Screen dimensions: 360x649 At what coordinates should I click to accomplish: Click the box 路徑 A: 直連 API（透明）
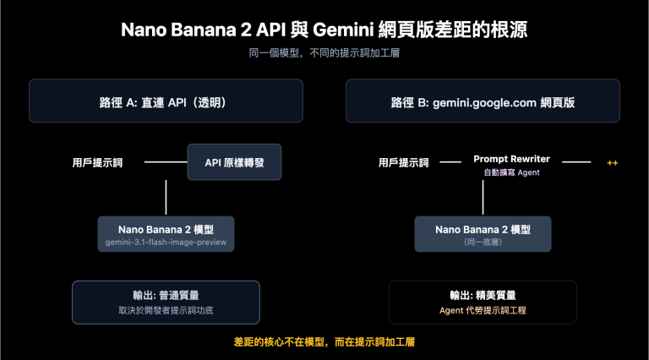point(166,101)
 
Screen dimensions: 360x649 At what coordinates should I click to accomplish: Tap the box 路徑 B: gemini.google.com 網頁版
point(483,101)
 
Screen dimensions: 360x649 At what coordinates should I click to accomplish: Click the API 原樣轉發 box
point(234,161)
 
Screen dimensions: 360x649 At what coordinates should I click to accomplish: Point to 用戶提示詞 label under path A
point(97,162)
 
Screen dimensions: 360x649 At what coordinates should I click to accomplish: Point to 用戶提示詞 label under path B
point(403,162)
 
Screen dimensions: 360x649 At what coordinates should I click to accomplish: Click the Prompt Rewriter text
point(511,159)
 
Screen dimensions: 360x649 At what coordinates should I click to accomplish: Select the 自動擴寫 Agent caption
point(511,172)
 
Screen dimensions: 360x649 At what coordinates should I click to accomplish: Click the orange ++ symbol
point(614,162)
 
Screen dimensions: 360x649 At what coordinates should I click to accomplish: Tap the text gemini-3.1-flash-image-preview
point(166,243)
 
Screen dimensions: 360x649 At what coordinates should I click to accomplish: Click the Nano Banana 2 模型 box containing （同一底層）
point(483,234)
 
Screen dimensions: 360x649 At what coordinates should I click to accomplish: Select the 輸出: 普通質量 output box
point(166,302)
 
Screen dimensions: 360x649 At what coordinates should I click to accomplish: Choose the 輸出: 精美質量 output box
point(483,302)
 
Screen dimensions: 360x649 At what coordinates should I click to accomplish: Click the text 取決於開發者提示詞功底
point(166,310)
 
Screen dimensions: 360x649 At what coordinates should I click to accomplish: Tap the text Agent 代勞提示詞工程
point(483,310)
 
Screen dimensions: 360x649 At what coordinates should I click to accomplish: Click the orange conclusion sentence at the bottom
point(324,342)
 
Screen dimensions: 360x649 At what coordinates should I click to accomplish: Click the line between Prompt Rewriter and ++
point(576,161)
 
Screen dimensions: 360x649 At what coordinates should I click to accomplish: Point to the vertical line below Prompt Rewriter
point(483,196)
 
